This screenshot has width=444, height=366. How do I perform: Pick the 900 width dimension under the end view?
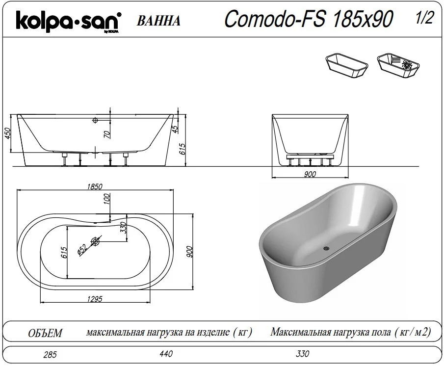(x=310, y=174)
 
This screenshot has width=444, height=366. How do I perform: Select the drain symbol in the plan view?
(x=95, y=241)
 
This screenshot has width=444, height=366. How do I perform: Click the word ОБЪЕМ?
(x=46, y=334)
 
